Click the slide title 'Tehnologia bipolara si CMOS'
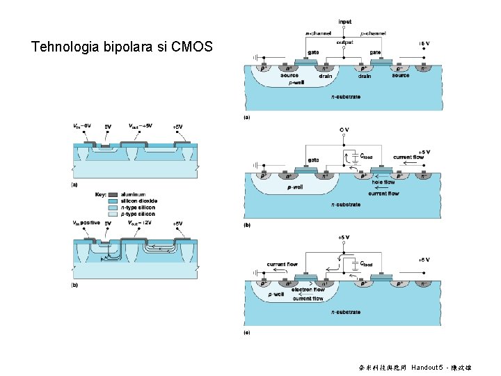tap(122, 47)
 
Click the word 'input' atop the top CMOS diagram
tap(344, 22)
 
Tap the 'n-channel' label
tap(318, 33)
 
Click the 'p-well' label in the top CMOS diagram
tap(296, 82)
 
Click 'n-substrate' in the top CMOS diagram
tap(346, 97)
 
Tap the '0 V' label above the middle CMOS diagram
tap(344, 130)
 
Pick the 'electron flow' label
tap(308, 290)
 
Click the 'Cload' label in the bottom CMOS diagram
tap(365, 265)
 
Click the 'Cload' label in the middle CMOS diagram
tap(365, 156)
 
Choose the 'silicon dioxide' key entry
tap(139, 201)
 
